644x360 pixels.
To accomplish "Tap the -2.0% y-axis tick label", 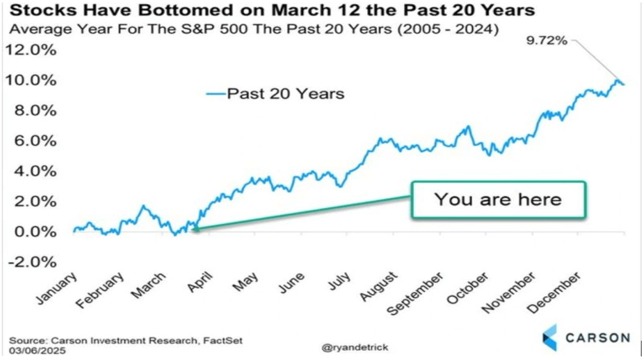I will (x=31, y=262).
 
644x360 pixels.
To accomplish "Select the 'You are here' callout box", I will (x=498, y=199).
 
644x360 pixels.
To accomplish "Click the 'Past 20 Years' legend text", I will (x=285, y=94).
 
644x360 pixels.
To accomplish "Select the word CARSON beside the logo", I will (x=597, y=337).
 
